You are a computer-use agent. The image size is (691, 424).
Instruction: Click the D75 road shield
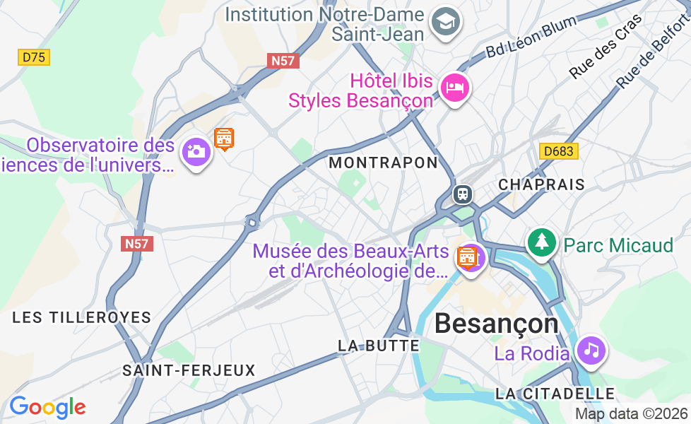(34, 57)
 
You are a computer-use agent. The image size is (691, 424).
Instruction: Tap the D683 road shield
(558, 151)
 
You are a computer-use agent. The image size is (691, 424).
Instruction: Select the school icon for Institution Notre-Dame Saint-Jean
(446, 22)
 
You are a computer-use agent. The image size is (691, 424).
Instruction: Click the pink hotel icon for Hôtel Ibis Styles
(455, 88)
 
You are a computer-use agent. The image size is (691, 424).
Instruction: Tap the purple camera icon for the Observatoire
(196, 151)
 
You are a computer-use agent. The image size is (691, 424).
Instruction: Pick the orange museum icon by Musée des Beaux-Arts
(468, 257)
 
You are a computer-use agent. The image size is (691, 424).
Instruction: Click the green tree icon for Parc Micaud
(541, 242)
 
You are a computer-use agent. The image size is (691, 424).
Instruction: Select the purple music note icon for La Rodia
(591, 350)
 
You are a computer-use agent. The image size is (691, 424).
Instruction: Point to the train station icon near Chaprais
(463, 193)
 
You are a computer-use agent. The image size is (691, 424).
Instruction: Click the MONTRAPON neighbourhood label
(384, 163)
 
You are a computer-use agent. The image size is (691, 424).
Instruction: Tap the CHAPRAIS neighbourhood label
(541, 184)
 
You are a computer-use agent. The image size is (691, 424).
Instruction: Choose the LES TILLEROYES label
(82, 317)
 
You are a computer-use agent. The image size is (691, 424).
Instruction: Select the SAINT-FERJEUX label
(189, 370)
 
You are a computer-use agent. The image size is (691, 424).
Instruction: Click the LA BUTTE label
(379, 346)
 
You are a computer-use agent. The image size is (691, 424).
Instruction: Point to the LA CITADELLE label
(555, 393)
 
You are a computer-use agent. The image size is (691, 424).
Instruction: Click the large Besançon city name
(496, 324)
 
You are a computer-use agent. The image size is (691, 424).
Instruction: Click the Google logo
(47, 407)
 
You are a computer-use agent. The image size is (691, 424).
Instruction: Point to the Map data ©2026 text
(631, 413)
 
